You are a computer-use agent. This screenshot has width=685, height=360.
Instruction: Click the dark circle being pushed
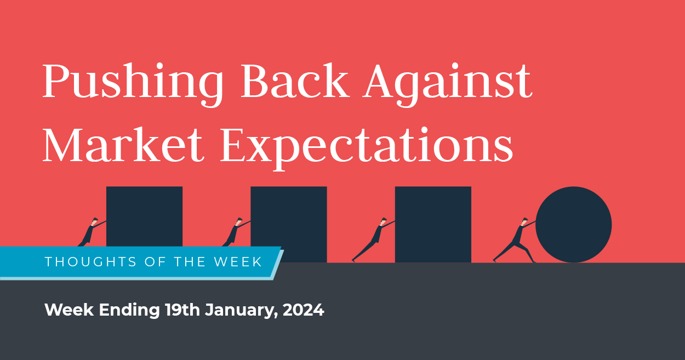pyautogui.click(x=573, y=225)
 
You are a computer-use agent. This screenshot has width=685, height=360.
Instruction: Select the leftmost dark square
pyautogui.click(x=144, y=216)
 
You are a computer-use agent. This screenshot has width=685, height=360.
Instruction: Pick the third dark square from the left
pyautogui.click(x=433, y=225)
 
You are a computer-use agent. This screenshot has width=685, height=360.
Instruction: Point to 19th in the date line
pyautogui.click(x=183, y=310)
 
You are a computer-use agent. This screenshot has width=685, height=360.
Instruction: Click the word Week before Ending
pyautogui.click(x=68, y=310)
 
